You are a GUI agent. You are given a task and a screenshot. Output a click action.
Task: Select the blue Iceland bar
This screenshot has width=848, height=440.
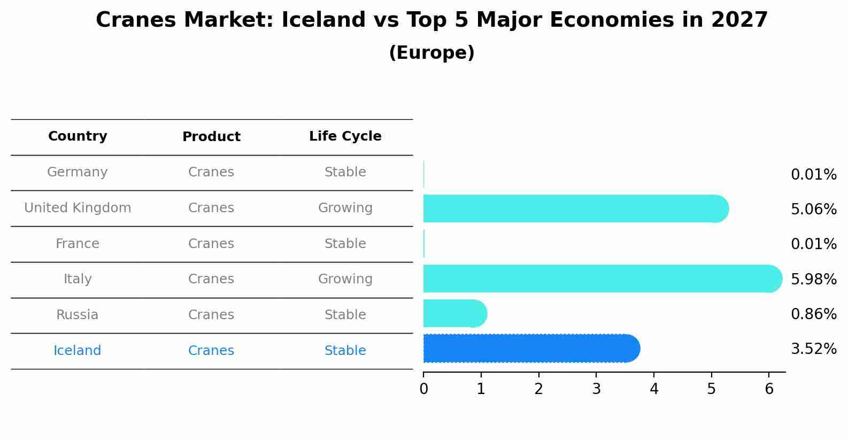click(x=529, y=349)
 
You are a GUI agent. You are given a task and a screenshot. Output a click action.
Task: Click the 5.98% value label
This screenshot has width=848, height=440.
click(x=813, y=279)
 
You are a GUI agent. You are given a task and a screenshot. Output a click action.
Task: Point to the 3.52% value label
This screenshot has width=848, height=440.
click(x=813, y=349)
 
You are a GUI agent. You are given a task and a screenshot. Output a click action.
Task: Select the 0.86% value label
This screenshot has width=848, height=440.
click(x=813, y=314)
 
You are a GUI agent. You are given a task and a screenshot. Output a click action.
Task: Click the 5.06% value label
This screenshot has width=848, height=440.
click(x=813, y=209)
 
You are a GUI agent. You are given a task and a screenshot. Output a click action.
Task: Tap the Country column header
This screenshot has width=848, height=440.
click(x=78, y=136)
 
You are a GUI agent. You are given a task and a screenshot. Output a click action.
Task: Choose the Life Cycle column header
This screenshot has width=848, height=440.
click(x=345, y=136)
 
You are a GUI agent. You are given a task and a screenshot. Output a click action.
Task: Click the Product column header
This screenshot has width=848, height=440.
click(x=211, y=137)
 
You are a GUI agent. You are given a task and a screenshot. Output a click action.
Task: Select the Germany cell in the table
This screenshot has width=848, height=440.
click(x=78, y=172)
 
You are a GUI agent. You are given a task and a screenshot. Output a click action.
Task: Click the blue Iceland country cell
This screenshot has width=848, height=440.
click(x=78, y=351)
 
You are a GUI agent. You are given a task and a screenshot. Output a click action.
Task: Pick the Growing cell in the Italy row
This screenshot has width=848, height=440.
click(x=345, y=279)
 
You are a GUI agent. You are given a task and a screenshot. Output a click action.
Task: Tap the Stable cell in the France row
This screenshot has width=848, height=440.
click(x=345, y=244)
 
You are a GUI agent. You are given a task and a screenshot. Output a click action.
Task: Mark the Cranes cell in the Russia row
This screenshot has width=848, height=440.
click(x=211, y=315)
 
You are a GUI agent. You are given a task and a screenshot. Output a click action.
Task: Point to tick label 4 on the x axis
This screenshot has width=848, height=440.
click(x=654, y=389)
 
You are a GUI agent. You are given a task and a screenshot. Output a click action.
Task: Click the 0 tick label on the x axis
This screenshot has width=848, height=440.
click(x=423, y=389)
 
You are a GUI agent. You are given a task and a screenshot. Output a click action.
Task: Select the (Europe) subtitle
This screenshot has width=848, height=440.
click(x=431, y=53)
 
